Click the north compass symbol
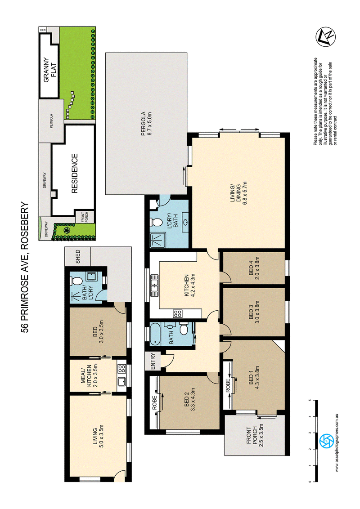[326, 36]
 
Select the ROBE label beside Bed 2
[155, 402]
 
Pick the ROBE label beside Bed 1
[228, 386]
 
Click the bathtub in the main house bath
[155, 334]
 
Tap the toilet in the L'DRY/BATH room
[156, 223]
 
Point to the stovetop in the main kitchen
[178, 313]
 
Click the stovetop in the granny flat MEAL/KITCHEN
[121, 368]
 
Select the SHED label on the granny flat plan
[78, 256]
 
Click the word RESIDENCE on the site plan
[74, 174]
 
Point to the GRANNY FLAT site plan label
[49, 70]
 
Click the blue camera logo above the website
[324, 441]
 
